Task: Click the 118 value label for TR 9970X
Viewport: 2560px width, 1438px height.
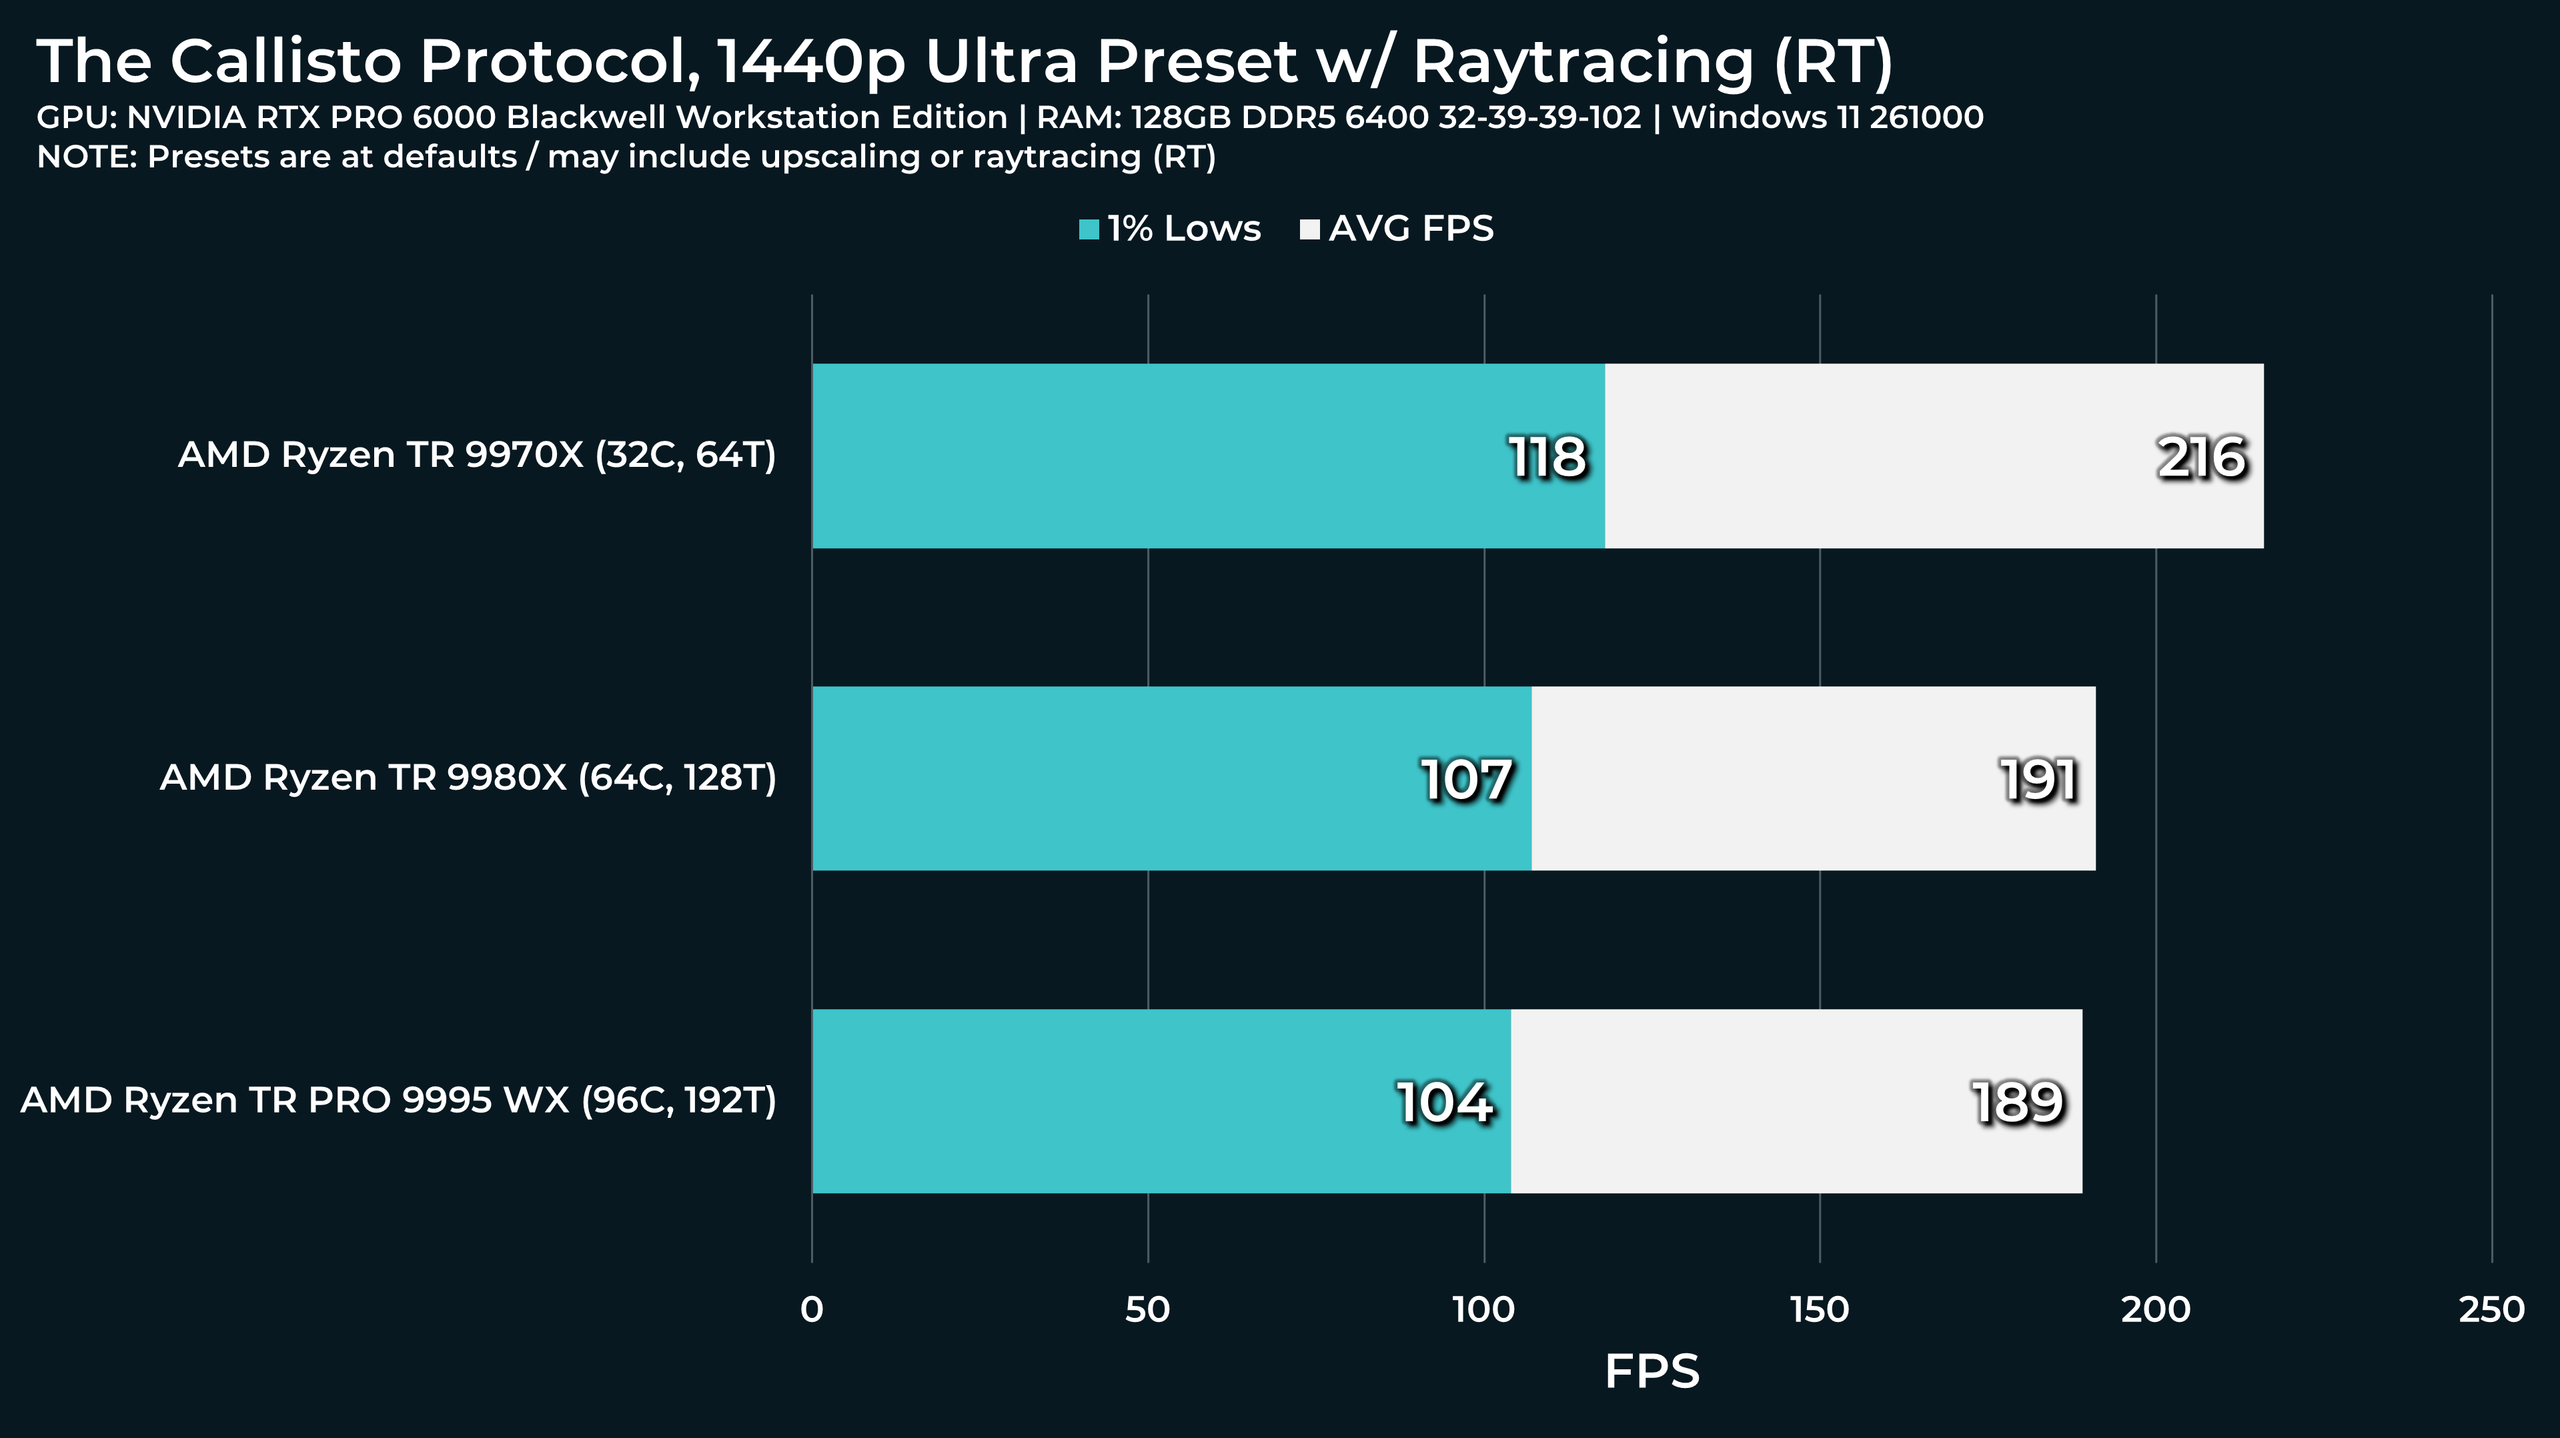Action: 1547,458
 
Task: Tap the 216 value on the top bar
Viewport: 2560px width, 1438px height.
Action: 2201,458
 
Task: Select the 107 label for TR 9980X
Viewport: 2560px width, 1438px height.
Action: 1467,780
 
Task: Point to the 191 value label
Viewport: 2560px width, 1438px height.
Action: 2038,780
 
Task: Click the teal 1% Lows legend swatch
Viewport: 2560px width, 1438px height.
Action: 1089,229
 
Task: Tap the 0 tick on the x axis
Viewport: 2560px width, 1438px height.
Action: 812,1310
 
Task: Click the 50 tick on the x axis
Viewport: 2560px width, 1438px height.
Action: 1148,1310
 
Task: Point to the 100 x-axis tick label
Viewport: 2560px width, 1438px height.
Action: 1483,1310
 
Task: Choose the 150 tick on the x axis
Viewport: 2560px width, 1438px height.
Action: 1820,1310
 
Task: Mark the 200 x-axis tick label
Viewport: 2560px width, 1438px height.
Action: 2156,1310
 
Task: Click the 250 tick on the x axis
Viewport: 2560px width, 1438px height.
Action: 2491,1310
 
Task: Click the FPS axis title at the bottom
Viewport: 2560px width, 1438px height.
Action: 1652,1373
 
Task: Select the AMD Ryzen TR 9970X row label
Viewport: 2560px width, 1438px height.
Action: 477,455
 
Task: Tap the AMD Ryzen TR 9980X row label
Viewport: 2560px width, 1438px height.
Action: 468,777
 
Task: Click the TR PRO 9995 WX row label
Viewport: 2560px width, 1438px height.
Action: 398,1100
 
